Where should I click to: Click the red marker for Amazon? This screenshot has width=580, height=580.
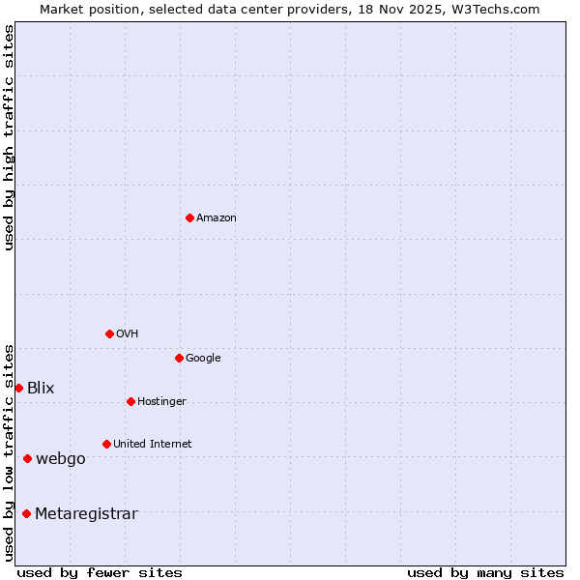coord(189,217)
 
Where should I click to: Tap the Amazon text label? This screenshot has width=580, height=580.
coord(217,218)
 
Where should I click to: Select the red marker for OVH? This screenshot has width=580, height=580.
coord(109,333)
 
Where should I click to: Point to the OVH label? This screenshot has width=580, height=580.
coord(128,334)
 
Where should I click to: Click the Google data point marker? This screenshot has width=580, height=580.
coord(179,358)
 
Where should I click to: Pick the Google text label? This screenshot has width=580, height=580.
coord(203,359)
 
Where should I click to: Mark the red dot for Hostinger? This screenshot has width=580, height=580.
coord(130,401)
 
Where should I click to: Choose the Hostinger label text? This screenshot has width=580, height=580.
coord(161,402)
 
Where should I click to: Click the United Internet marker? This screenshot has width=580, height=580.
coord(106,444)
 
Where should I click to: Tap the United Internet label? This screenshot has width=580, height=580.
coord(153,445)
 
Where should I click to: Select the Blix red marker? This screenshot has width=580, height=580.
coord(18,388)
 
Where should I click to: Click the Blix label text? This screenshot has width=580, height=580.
coord(41,389)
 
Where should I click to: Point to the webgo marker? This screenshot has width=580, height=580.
coord(27,458)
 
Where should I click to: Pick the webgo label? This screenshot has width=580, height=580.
coord(61,459)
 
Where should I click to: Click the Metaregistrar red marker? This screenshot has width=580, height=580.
coord(26,513)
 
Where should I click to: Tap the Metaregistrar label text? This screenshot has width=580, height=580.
coord(86,514)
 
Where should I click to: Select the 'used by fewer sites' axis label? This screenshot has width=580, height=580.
coord(100,572)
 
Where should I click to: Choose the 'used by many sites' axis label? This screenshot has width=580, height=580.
coord(485,572)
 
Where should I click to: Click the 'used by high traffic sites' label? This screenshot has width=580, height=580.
coord(10,137)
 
